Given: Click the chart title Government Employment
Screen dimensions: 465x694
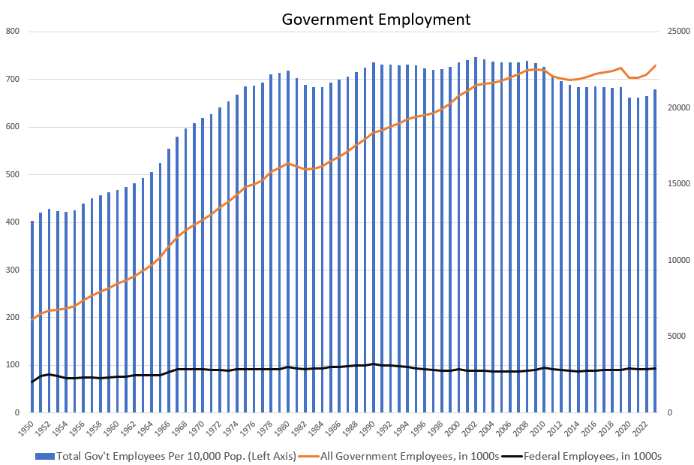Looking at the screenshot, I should coord(376,20).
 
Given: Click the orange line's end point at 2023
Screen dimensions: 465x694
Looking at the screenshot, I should coord(655,65).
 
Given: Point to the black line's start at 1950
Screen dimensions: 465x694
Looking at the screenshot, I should coord(32,382).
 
